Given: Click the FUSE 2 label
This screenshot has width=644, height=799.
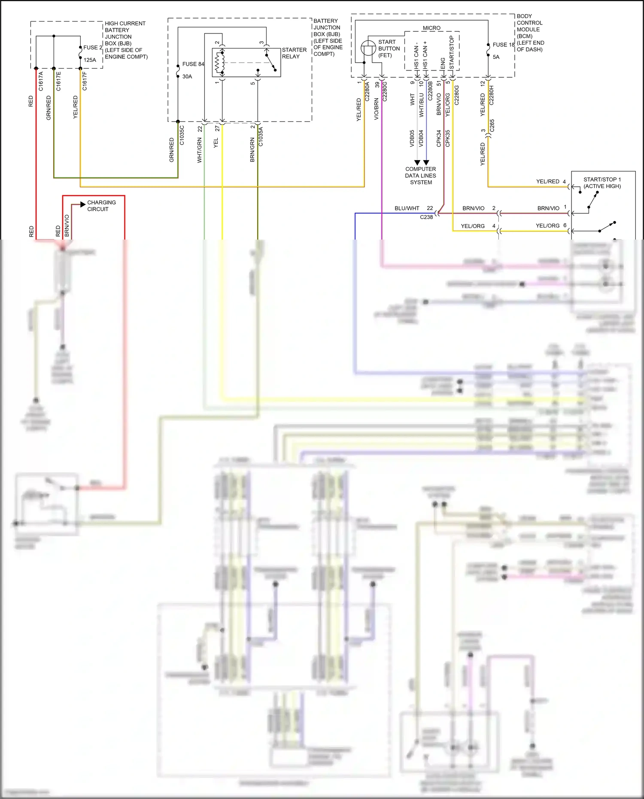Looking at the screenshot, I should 93,48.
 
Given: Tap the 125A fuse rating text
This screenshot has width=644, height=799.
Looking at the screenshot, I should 90,60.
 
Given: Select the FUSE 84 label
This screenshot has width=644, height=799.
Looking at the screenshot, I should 193,64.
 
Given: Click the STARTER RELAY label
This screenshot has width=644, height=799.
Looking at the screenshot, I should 294,53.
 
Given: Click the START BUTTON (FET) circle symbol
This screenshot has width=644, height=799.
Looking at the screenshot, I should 368,48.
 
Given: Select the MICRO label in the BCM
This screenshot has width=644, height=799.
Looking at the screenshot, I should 431,28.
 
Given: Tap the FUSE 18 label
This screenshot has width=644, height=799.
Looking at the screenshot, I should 503,45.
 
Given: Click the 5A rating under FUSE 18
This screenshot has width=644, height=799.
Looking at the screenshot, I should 496,57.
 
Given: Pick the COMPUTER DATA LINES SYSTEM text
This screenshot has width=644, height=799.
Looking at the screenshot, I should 421,176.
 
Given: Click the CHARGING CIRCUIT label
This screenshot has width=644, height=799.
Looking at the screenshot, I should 101,206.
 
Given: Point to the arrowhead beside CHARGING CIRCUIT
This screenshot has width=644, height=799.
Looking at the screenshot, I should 83,204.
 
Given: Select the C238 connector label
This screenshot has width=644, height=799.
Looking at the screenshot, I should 426,217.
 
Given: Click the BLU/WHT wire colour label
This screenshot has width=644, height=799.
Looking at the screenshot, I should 407,208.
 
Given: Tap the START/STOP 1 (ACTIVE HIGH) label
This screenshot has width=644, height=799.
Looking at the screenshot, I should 602,183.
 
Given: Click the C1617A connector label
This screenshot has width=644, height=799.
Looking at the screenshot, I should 41,81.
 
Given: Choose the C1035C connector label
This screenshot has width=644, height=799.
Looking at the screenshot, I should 182,135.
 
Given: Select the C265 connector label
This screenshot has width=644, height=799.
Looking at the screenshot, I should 492,125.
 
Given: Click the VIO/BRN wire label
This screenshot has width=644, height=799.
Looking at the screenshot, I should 377,109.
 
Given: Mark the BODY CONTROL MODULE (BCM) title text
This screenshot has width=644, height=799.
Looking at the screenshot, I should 530,33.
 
